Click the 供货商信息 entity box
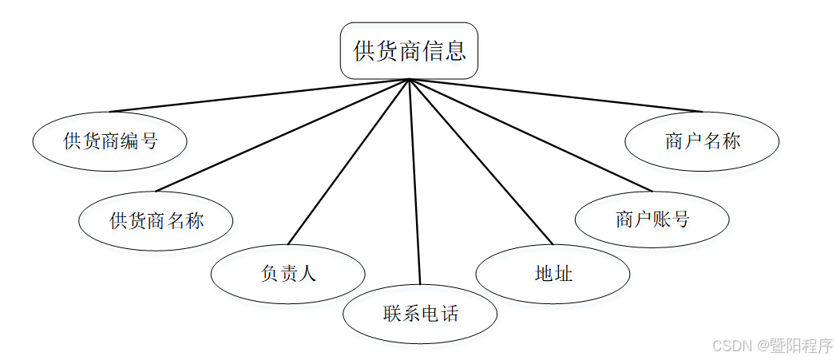tap(409, 51)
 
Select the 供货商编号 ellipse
tap(110, 141)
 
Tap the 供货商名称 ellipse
tap(157, 220)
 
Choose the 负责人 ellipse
tap(288, 273)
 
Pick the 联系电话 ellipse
tap(420, 313)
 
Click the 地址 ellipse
tap(553, 274)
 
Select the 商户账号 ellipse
tap(652, 220)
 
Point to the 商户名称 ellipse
tap(702, 141)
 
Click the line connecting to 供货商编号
tap(260, 96)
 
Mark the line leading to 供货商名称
tap(283, 136)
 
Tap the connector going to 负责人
tap(348, 162)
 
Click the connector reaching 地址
tap(481, 162)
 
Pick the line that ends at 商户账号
tap(531, 136)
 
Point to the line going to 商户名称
tap(556, 96)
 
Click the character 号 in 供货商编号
tap(149, 142)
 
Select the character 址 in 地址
tap(564, 274)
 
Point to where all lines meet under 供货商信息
tap(409, 80)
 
